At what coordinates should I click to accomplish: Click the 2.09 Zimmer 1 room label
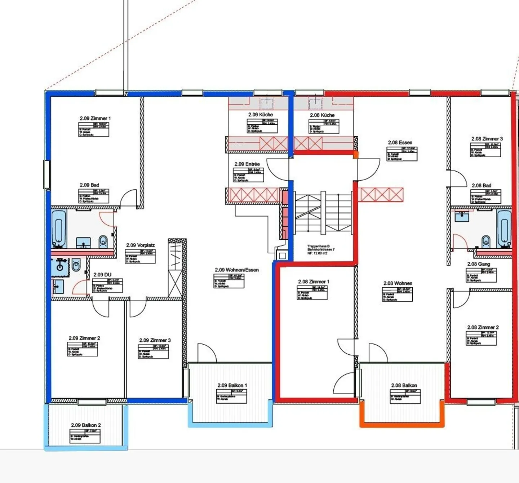[x=95, y=118]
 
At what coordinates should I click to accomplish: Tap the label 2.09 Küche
[x=261, y=115]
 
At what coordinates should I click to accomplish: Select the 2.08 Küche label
[x=322, y=115]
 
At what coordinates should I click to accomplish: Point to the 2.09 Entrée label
[x=247, y=164]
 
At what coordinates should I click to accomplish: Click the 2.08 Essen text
[x=400, y=142]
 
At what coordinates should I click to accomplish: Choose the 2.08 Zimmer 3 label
[x=487, y=139]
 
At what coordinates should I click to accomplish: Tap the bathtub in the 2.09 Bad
[x=59, y=228]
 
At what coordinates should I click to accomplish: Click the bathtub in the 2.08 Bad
[x=504, y=228]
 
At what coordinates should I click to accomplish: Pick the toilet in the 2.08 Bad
[x=485, y=241]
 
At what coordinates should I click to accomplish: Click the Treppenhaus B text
[x=318, y=246]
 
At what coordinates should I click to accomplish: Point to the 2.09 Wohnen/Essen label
[x=236, y=270]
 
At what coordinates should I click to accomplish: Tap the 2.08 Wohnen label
[x=398, y=283]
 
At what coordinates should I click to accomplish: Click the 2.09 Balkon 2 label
[x=86, y=425]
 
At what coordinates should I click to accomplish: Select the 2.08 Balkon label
[x=404, y=385]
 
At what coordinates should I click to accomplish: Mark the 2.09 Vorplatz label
[x=140, y=245]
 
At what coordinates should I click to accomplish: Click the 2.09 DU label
[x=102, y=275]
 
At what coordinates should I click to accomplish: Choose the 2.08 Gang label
[x=479, y=264]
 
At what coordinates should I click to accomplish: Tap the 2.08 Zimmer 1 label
[x=314, y=282]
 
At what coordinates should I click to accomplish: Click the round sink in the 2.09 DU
[x=59, y=267]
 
